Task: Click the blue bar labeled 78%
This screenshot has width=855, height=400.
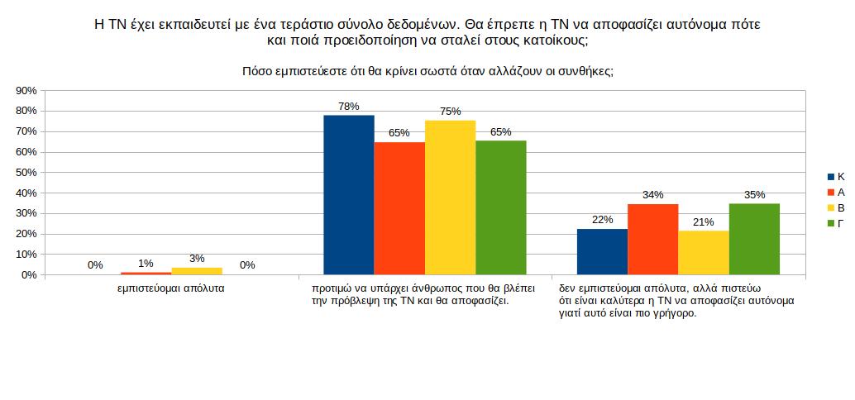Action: pos(348,194)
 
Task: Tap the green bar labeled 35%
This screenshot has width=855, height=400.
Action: pos(754,239)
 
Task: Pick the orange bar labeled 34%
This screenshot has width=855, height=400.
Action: pos(652,239)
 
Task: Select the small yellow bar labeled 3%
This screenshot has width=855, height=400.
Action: pos(196,271)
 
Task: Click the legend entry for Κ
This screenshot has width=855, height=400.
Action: pos(836,177)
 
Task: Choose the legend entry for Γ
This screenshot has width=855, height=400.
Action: pos(836,223)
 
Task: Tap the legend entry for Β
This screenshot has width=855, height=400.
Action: pos(836,207)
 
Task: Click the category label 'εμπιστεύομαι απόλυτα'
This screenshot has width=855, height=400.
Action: pos(171,288)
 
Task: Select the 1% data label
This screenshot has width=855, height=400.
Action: pos(146,264)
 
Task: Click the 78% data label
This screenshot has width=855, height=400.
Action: pos(348,106)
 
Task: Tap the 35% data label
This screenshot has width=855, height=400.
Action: pos(754,195)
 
